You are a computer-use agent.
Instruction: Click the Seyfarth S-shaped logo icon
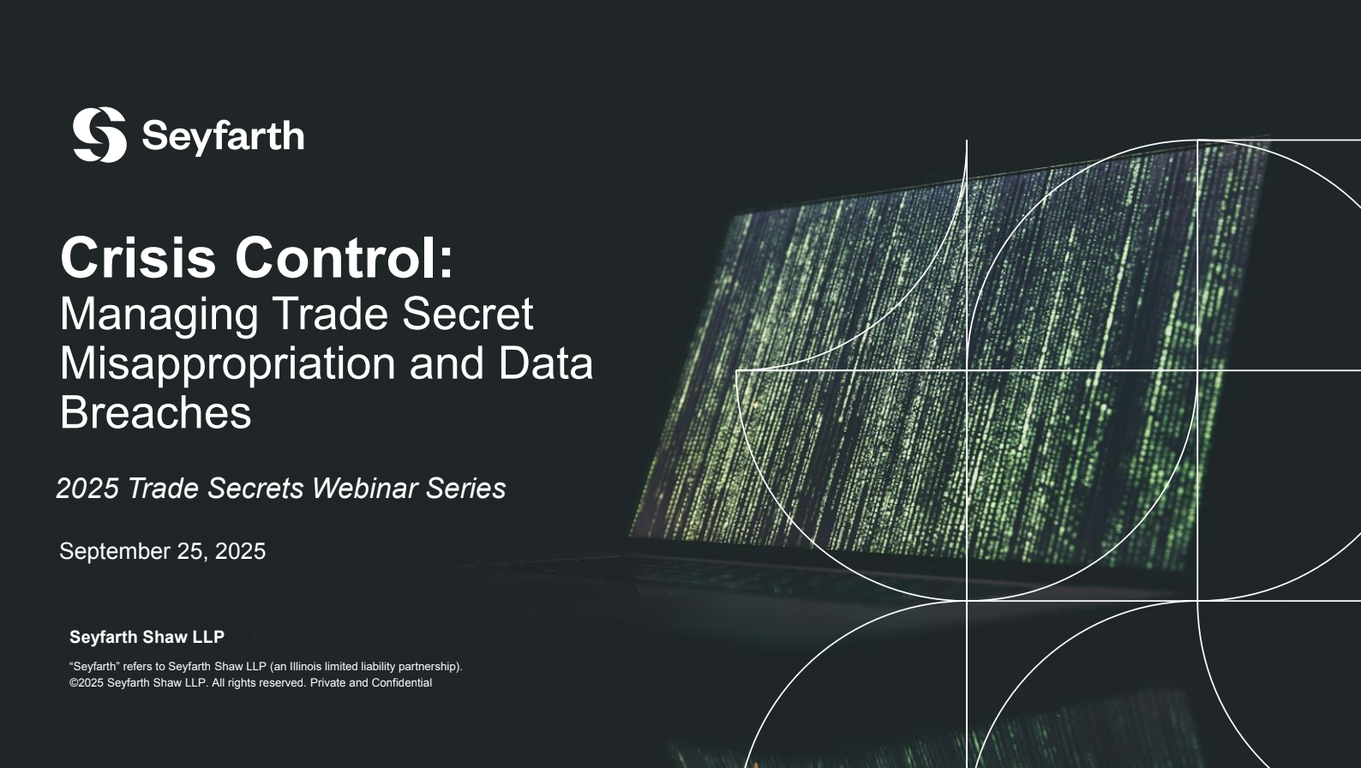(99, 135)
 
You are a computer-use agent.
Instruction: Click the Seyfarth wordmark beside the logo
(223, 136)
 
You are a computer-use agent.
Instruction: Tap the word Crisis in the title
(138, 258)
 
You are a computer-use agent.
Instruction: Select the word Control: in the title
(345, 258)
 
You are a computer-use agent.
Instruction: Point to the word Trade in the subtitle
(330, 314)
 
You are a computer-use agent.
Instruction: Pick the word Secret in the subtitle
(467, 314)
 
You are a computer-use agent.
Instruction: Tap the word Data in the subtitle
(546, 363)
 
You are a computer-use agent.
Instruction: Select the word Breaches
(155, 412)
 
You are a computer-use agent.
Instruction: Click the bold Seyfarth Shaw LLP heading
(147, 637)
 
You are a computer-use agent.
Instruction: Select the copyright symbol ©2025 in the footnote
(87, 683)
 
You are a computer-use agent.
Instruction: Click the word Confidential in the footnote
(402, 683)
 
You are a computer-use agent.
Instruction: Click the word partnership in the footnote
(429, 667)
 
